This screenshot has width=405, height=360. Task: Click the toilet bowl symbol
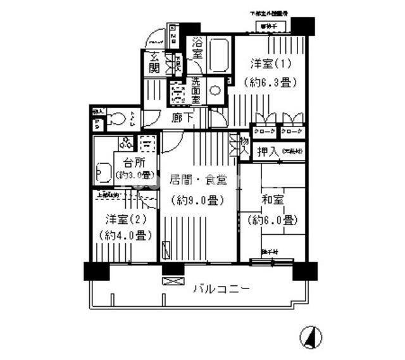coord(116,118)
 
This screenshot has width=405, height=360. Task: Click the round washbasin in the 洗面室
coord(215,90)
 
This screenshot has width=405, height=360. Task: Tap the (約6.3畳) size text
coord(266,81)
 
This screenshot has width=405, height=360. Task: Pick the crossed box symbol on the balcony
coord(172,280)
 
